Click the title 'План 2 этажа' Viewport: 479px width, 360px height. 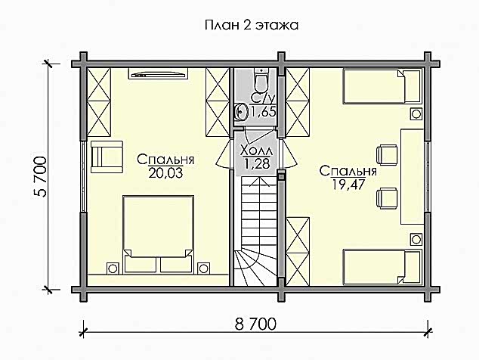[252, 26]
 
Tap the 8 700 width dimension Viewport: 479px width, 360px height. [255, 324]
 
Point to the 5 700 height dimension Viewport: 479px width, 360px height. [40, 177]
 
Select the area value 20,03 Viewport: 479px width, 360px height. [165, 173]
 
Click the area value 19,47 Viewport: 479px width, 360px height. [348, 185]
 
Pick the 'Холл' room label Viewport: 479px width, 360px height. [256, 151]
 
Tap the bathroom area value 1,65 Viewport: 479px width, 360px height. [263, 112]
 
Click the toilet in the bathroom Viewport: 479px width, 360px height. [261, 79]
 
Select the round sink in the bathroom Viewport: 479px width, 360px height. [242, 112]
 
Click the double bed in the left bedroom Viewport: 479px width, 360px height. [158, 234]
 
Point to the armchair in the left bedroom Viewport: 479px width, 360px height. [107, 157]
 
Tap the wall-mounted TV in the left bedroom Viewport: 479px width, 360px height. [158, 74]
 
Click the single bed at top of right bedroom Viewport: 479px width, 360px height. [382, 86]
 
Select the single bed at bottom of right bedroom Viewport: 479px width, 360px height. [382, 267]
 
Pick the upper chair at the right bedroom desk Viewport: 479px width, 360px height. [387, 154]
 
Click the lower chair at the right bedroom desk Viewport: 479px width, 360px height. [387, 198]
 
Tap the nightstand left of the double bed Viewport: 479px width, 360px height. [112, 268]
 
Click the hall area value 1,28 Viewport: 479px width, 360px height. [256, 163]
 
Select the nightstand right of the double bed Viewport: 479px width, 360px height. [203, 268]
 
